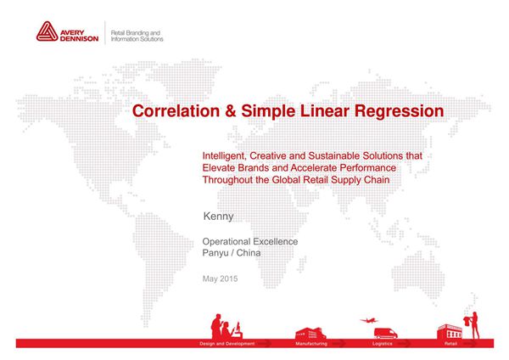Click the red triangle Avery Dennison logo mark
[48, 33]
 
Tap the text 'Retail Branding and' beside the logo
[137, 31]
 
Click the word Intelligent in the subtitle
[226, 157]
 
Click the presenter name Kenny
[219, 217]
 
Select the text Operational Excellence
[250, 241]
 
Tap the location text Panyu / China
[232, 252]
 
